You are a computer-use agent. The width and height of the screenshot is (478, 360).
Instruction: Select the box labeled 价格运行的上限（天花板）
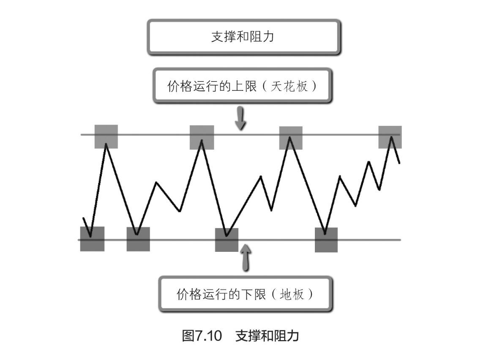(x=242, y=87)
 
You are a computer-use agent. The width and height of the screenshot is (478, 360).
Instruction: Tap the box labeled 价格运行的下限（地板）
(x=244, y=294)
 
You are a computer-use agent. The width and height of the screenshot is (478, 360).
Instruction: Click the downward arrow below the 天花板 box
(x=240, y=118)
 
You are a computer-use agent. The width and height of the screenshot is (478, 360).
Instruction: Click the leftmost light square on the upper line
(x=106, y=136)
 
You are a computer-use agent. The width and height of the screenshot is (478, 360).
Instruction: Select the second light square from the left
(x=202, y=137)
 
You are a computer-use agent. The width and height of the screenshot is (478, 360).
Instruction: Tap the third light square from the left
(x=291, y=138)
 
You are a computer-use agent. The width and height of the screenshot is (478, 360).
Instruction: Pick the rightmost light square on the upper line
(x=390, y=137)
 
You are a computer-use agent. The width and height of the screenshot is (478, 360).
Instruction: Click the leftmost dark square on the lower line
(x=92, y=239)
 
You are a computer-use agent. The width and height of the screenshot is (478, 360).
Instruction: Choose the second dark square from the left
(x=138, y=239)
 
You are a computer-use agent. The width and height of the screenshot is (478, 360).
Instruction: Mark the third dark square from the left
(x=227, y=240)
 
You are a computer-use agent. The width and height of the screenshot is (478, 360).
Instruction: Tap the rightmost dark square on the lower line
(x=326, y=240)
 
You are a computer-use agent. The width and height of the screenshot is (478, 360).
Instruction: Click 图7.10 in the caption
(x=202, y=336)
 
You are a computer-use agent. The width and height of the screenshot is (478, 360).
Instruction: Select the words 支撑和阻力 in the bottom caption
(x=267, y=336)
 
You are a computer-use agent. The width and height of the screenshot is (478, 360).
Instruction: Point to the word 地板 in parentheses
(x=292, y=294)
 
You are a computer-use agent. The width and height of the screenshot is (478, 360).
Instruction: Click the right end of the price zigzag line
(x=399, y=162)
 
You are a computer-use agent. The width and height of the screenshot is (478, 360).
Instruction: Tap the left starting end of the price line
(x=83, y=218)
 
